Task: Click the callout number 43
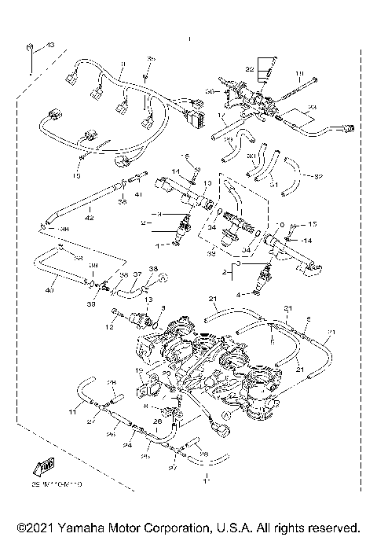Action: pos(50,46)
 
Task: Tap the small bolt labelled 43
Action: pos(30,48)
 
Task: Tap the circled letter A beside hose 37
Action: pos(162,278)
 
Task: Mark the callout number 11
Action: pos(71,412)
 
